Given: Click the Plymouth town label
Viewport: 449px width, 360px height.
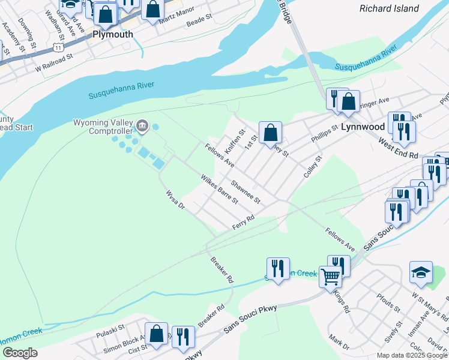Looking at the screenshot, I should (x=112, y=34).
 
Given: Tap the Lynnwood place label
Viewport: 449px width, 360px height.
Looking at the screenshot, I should (x=362, y=127).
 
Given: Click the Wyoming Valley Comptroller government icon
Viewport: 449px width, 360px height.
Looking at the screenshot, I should (x=142, y=125).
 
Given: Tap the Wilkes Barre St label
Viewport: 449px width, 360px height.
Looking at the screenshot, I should (x=220, y=189).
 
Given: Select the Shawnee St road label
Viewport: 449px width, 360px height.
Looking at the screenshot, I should (x=246, y=192).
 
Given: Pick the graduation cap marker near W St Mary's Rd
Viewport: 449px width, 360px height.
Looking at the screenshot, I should (x=421, y=273).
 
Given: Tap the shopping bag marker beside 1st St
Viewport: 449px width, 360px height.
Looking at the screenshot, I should (x=271, y=133).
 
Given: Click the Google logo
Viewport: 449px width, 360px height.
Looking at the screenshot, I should (x=20, y=352).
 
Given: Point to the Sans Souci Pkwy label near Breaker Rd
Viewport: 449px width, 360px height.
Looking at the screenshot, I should (x=250, y=319).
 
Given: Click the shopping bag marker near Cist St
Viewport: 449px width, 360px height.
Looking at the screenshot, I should (x=156, y=335).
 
